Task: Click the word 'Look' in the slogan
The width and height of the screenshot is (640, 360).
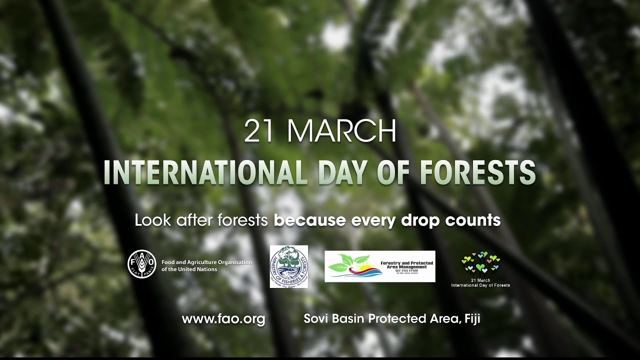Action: click(x=150, y=220)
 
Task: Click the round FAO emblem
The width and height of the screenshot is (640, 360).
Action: click(x=142, y=264)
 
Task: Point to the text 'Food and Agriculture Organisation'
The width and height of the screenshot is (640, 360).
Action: click(x=206, y=262)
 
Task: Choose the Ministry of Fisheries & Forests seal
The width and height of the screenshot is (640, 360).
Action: click(x=289, y=266)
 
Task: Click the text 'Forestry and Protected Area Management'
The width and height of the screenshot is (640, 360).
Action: click(x=407, y=264)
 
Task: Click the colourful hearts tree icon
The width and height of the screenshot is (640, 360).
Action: click(x=480, y=262)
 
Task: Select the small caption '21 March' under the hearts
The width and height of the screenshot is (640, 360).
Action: click(x=480, y=280)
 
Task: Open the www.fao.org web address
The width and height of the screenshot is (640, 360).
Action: click(x=223, y=319)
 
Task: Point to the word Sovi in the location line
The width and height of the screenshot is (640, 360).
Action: click(x=317, y=319)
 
